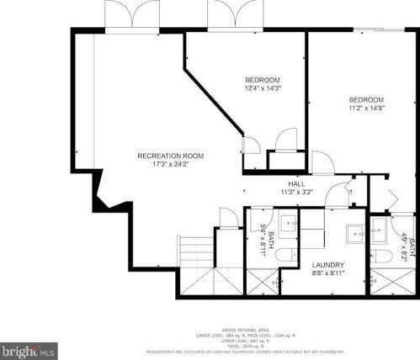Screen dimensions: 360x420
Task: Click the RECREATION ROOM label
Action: pos(171,156)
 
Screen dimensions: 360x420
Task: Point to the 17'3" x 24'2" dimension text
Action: pos(171,165)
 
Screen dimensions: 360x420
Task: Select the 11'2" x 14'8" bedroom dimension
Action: pos(367,108)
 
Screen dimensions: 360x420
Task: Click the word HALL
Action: pos(297,183)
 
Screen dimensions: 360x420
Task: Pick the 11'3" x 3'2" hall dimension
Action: pos(297,192)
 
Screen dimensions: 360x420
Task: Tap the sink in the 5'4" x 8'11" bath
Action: pos(288,223)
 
